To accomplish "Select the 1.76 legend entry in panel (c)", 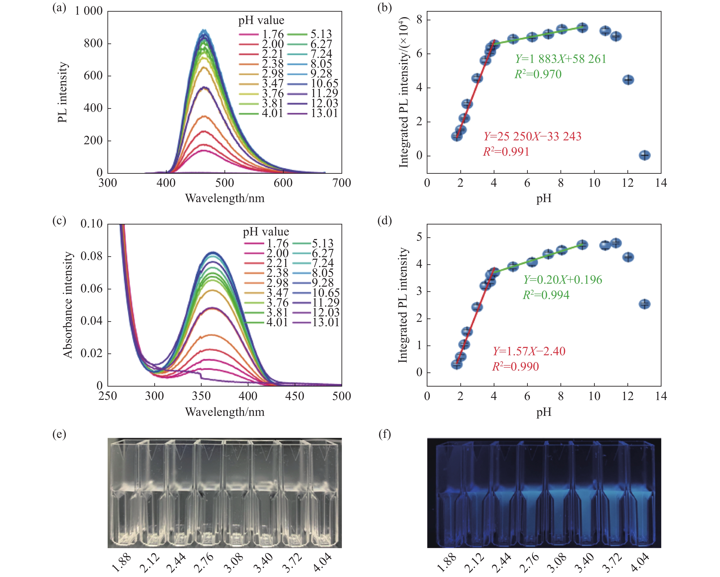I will click(x=277, y=243).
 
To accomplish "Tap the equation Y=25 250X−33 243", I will click(x=532, y=136).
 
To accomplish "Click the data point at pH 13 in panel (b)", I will click(x=645, y=155).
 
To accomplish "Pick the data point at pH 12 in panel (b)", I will click(x=628, y=80).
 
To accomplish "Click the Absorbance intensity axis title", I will click(x=68, y=305).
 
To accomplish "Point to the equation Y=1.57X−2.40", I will click(x=529, y=351).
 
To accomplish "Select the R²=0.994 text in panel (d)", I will click(x=546, y=295).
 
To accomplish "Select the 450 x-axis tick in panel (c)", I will click(x=295, y=396).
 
